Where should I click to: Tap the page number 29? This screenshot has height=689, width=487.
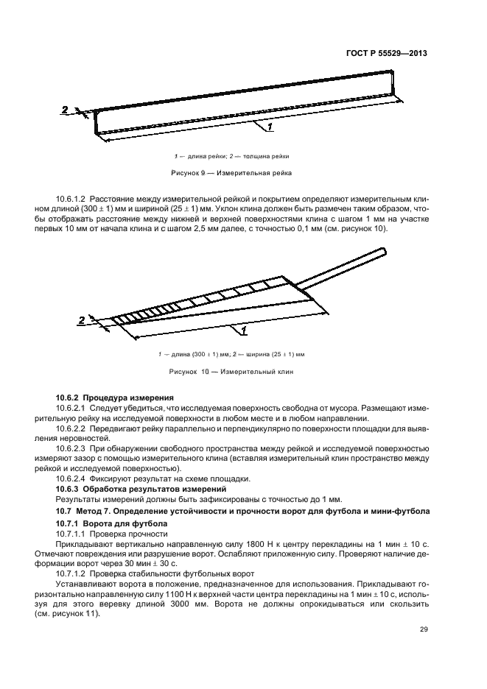tap(424, 629)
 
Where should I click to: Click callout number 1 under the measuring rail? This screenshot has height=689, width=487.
tap(270, 127)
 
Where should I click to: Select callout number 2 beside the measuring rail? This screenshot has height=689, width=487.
tap(65, 110)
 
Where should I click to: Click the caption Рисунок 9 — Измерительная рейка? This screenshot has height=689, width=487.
tap(232, 174)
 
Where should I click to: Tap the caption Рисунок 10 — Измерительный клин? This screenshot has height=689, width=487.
tap(232, 372)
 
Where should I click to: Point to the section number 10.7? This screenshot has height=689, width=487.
tap(66, 510)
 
